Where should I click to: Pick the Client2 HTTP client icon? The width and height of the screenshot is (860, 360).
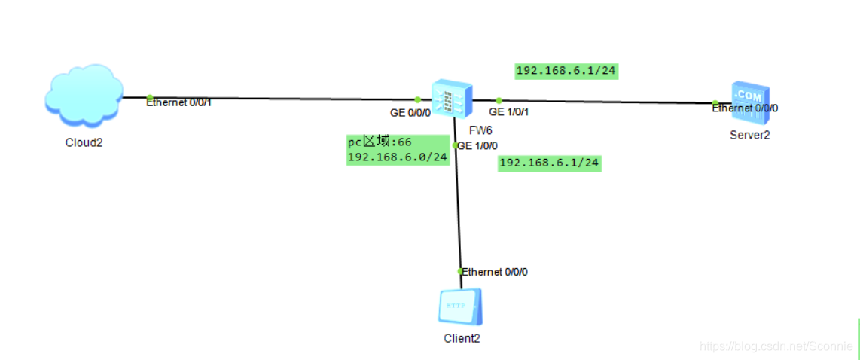(461, 307)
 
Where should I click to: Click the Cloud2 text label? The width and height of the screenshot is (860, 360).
(84, 142)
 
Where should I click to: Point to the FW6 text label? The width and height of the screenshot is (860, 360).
(480, 131)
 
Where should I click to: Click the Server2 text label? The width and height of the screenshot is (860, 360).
(750, 135)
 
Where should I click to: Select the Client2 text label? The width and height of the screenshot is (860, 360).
(462, 338)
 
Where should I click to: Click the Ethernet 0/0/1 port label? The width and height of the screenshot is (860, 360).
(178, 102)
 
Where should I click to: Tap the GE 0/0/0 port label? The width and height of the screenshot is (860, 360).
(410, 113)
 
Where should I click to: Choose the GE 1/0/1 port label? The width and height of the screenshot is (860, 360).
(509, 112)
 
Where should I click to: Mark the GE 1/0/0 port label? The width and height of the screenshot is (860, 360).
(477, 146)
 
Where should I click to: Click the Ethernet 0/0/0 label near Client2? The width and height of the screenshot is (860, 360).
(495, 272)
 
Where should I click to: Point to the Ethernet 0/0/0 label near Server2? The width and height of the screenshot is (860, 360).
(745, 108)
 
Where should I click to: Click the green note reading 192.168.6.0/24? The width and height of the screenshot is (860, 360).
(398, 157)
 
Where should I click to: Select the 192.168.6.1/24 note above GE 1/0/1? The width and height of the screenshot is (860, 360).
(567, 71)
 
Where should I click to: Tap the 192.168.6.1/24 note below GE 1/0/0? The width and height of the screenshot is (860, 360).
(550, 163)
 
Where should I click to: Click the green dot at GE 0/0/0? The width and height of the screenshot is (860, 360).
(417, 100)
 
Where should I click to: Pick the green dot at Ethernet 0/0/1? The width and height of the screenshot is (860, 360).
(150, 97)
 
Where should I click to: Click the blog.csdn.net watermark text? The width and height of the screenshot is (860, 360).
(776, 346)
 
